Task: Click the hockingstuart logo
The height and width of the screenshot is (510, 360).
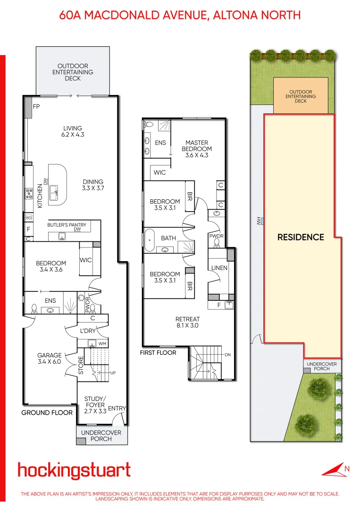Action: click(x=74, y=471)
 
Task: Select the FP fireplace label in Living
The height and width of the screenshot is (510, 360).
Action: click(x=36, y=107)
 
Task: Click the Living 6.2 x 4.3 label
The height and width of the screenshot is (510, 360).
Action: click(x=73, y=131)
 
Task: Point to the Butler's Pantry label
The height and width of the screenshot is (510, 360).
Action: click(x=67, y=225)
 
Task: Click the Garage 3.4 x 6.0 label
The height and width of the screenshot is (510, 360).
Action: click(x=50, y=358)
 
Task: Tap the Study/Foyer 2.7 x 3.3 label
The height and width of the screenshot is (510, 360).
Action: click(x=95, y=405)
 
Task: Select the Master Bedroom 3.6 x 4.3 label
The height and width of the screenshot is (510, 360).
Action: click(x=197, y=149)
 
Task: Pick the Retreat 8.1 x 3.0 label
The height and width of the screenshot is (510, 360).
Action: click(x=187, y=322)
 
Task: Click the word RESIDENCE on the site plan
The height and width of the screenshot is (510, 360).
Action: click(x=301, y=237)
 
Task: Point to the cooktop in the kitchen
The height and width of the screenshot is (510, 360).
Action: click(x=28, y=193)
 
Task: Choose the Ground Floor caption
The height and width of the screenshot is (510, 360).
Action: click(x=47, y=413)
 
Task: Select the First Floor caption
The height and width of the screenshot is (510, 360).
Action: click(x=158, y=353)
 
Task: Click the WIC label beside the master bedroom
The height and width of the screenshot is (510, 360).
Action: click(x=160, y=172)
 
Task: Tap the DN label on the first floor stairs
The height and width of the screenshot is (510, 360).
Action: click(x=227, y=355)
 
